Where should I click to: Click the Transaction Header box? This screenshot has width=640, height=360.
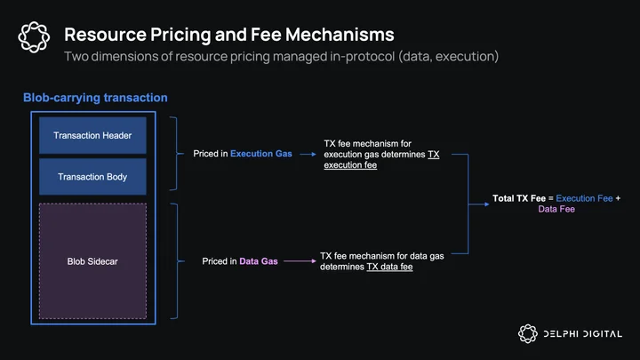point(92,135)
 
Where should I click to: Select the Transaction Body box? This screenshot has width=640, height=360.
point(92,176)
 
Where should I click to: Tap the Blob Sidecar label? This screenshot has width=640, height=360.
point(92,261)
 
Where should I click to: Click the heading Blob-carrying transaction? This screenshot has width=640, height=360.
point(95,98)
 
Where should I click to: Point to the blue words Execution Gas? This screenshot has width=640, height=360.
point(261,154)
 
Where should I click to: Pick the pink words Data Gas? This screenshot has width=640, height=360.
point(259,261)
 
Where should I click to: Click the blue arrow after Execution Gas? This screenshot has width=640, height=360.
point(308,155)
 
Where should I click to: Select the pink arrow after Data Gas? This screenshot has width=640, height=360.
point(300,260)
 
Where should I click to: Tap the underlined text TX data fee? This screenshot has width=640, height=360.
point(389,267)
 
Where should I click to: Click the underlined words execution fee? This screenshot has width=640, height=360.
point(350,165)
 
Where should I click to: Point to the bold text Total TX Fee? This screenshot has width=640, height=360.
point(519,198)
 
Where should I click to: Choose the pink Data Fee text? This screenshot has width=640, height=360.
point(556,209)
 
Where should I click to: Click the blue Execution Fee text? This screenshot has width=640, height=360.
point(584,198)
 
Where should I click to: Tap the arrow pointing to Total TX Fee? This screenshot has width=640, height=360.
point(478,204)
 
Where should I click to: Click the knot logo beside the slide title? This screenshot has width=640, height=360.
point(34,37)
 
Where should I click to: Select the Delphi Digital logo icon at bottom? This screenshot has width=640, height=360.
point(528,333)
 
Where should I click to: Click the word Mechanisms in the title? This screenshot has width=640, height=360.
point(340,35)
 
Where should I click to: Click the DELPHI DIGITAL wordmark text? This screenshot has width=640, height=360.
point(583,334)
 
